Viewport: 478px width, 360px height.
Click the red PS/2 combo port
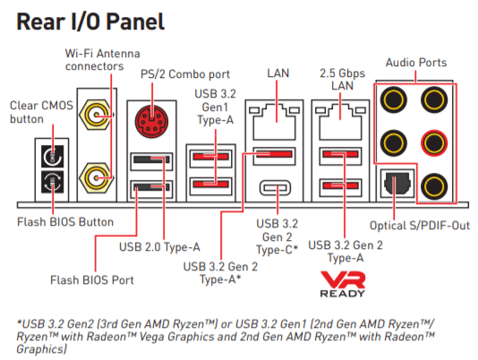pos(151,121)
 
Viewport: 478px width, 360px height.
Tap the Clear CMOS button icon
pos(53,156)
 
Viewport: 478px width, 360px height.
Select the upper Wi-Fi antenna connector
pos(96,115)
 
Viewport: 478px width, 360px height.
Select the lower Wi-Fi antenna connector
pos(96,177)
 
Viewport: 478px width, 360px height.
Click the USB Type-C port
pos(276,188)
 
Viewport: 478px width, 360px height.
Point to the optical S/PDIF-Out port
pos(397,184)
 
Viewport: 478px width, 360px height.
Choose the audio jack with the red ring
pos(434,142)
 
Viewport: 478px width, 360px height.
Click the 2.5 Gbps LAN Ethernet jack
pos(340,122)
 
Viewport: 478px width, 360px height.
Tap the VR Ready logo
pos(343,284)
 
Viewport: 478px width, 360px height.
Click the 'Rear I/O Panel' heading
pos(90,21)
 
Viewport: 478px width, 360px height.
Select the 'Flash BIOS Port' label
pos(92,279)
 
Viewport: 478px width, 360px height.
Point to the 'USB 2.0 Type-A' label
pos(159,247)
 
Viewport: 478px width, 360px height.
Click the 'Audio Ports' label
pos(416,62)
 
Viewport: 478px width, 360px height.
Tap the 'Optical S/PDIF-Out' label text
pos(420,226)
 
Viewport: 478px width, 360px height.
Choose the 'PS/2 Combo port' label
pos(185,74)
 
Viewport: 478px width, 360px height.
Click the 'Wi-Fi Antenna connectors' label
pos(102,60)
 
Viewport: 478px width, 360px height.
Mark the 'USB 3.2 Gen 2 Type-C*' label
pos(277,236)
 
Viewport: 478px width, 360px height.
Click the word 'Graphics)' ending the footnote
pos(41,349)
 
